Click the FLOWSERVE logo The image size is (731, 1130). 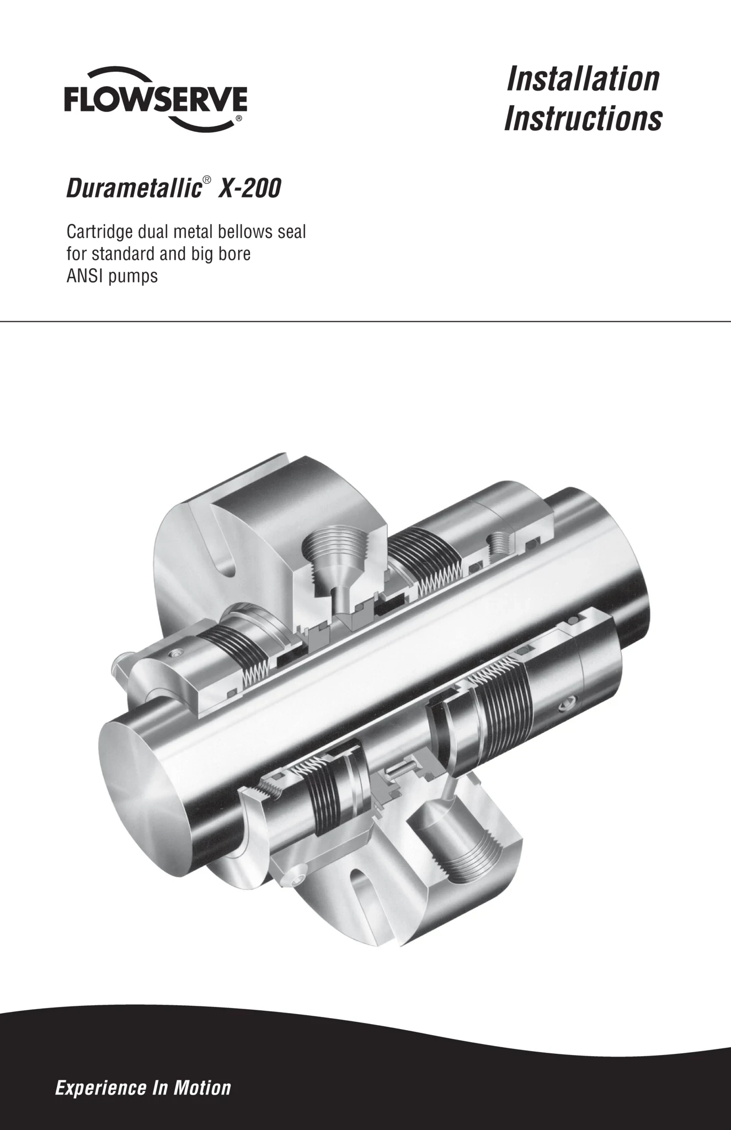[x=156, y=99]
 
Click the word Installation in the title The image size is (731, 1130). [x=583, y=79]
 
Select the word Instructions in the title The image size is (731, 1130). [x=583, y=119]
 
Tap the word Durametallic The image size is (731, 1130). [x=133, y=189]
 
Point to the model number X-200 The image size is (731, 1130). [x=250, y=189]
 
